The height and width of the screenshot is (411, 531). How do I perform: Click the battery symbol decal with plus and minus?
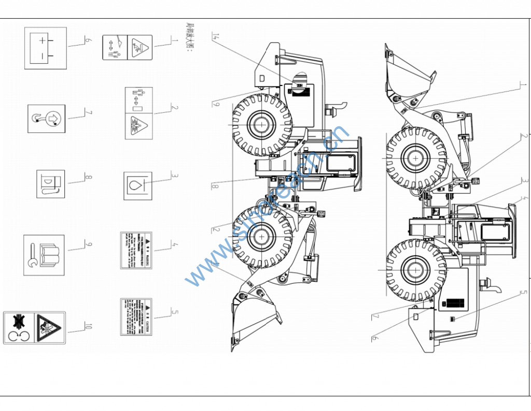(x=46, y=48)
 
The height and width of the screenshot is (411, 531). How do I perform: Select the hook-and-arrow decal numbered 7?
(x=47, y=118)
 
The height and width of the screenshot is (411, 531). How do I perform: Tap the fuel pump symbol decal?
(x=50, y=184)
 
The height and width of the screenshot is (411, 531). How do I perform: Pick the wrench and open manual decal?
(x=44, y=255)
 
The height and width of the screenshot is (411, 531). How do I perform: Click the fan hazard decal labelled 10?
(x=34, y=328)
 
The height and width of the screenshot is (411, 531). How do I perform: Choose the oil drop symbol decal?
(x=138, y=185)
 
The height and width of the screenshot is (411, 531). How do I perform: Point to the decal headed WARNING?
(x=136, y=250)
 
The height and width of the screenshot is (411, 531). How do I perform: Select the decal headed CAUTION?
(x=136, y=317)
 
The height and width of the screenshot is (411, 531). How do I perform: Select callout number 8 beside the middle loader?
(x=214, y=186)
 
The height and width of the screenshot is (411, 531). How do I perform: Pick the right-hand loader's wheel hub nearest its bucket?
(x=415, y=158)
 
